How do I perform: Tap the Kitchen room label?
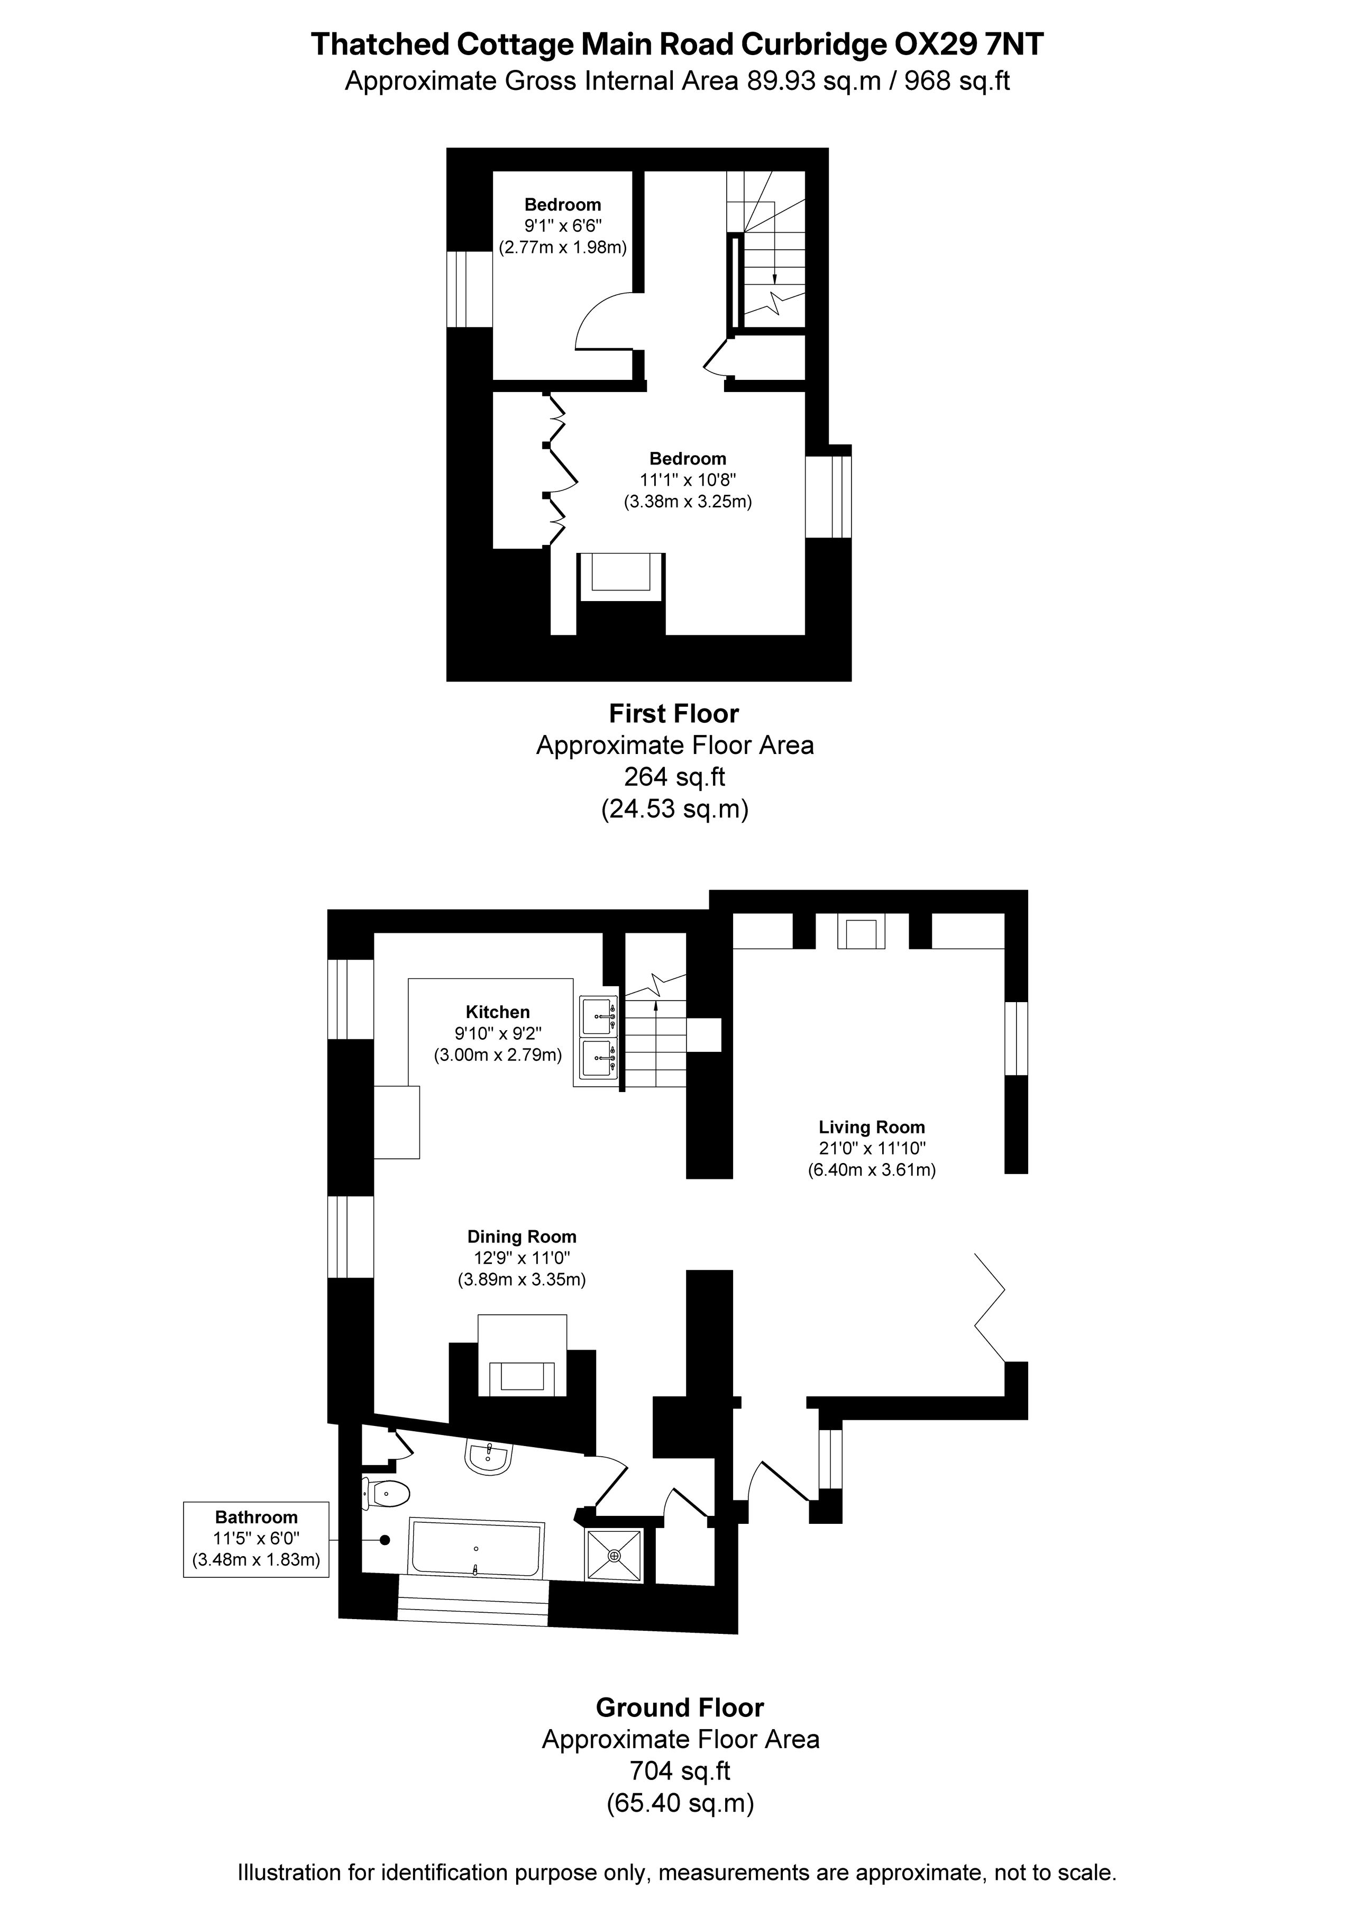pyautogui.click(x=498, y=1012)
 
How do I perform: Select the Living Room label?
pyautogui.click(x=872, y=1127)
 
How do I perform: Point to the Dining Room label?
pyautogui.click(x=522, y=1237)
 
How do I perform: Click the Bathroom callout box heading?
pyautogui.click(x=257, y=1517)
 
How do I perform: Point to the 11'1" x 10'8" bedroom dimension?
pyautogui.click(x=688, y=480)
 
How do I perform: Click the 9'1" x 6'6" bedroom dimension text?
pyautogui.click(x=563, y=225)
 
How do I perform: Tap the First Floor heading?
pyautogui.click(x=674, y=714)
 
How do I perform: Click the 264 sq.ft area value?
pyautogui.click(x=674, y=777)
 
